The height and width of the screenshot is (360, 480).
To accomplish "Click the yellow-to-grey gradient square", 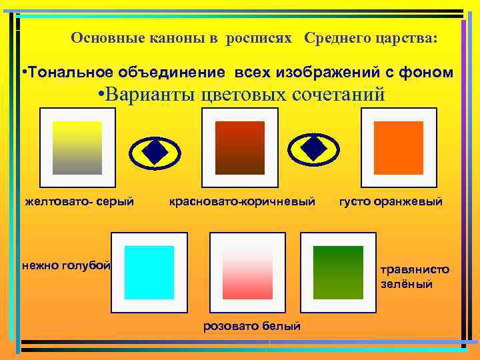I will pos(77,147).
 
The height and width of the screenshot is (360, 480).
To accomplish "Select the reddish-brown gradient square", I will pos(239,147).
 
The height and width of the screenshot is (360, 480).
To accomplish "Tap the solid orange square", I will pos(398,147).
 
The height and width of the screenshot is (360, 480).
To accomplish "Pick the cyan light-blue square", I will pos(149,272).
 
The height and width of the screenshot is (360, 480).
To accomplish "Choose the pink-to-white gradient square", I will pos(247,272).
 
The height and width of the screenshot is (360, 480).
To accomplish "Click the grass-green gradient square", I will pos(338,272).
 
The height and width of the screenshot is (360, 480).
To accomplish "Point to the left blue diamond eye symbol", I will pos(154,152).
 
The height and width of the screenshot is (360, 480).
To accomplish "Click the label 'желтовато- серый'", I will pos(79,201).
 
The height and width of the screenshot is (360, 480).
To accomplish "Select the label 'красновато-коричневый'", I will pos(242,201).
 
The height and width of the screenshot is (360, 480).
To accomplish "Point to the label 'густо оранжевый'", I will pos(391,201).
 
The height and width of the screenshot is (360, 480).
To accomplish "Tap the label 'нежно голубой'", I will pos(65,266).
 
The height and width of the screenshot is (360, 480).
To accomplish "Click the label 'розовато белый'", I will pos(252,326).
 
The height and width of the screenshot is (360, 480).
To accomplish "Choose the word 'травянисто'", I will pos(415,270).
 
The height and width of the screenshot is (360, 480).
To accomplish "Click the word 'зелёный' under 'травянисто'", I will pos(407,284).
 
